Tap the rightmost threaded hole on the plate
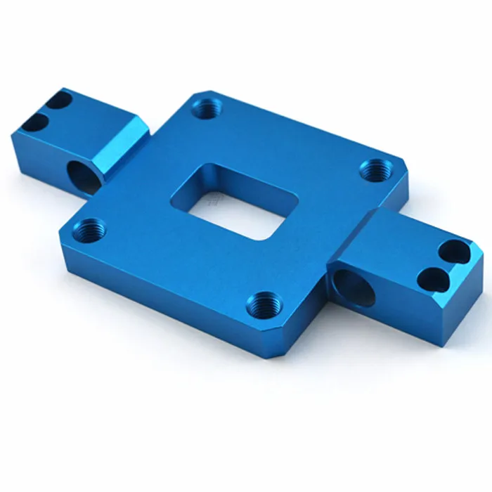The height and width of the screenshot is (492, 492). [x=373, y=170]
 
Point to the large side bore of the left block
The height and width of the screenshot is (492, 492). [x=83, y=176]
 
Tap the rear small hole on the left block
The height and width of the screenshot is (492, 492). [x=61, y=103]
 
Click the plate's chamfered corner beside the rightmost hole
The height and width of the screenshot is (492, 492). [x=401, y=169]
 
